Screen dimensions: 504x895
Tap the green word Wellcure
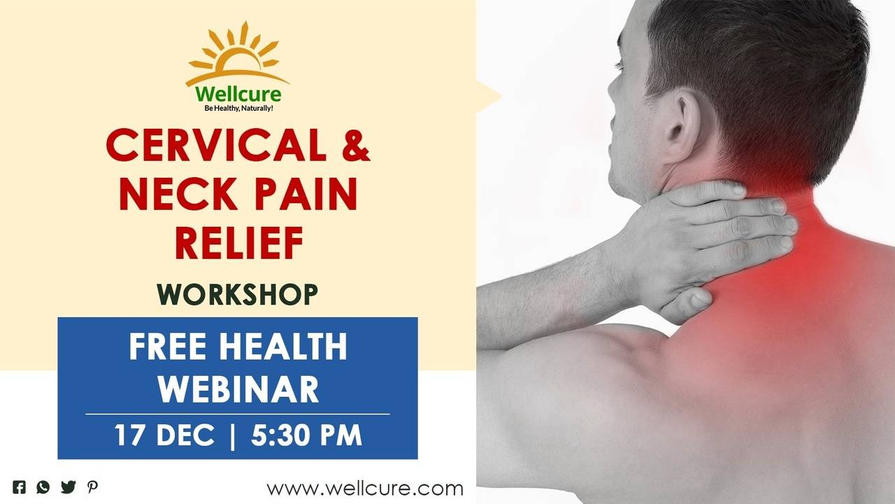[238, 94]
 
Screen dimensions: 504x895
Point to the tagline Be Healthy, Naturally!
[238, 108]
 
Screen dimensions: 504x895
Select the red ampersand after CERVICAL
[355, 146]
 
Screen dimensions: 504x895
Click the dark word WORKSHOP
[238, 295]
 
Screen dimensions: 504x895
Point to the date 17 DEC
[164, 435]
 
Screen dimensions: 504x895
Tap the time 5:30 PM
[306, 435]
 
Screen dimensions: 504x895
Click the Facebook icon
[20, 487]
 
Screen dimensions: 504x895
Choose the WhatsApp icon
[43, 487]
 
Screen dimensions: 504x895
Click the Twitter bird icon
[68, 487]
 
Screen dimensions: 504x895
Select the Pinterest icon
[92, 487]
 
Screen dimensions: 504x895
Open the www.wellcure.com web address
[364, 488]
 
